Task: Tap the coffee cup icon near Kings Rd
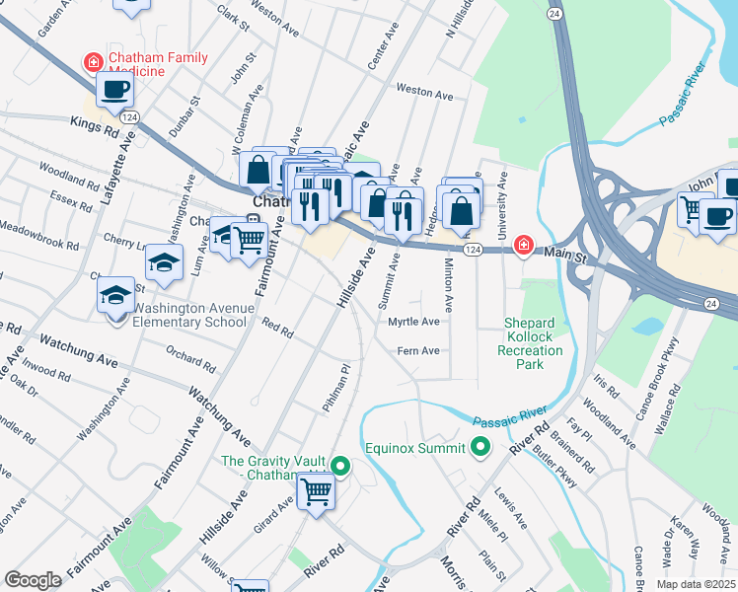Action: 114,90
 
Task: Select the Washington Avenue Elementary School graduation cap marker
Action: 116,295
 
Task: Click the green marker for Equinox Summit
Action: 480,448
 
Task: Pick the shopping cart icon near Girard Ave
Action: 317,489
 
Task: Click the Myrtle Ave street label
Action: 413,322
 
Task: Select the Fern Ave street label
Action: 416,351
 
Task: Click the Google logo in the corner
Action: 33,580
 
